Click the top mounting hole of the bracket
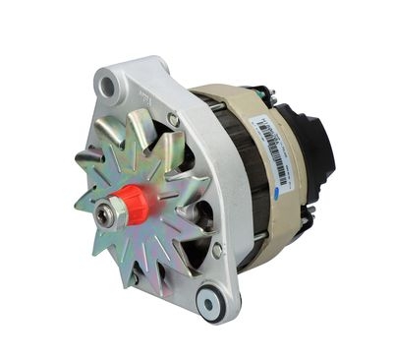tap(108, 88)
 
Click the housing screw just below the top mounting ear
tap(174, 119)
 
